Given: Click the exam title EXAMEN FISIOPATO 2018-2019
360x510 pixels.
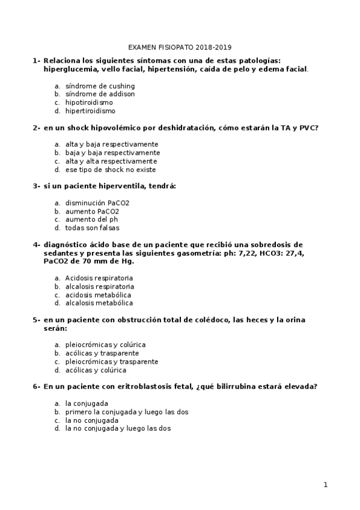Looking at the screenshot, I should [180, 47].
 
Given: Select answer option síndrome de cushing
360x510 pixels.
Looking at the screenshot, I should [100, 86].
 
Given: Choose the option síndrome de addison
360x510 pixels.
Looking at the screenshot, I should [100, 94].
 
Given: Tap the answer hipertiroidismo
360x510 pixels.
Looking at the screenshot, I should [90, 111].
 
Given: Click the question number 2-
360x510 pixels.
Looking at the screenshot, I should [37, 128].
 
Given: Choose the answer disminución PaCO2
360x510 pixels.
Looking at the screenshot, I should [97, 203].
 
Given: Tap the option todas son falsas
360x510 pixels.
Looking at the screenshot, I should [92, 228].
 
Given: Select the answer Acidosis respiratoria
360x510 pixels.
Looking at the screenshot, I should [99, 278].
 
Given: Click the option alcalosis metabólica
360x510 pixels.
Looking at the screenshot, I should [99, 303].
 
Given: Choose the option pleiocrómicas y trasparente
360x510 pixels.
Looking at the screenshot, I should [112, 361].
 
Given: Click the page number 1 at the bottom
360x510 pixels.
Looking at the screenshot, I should [325, 485].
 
